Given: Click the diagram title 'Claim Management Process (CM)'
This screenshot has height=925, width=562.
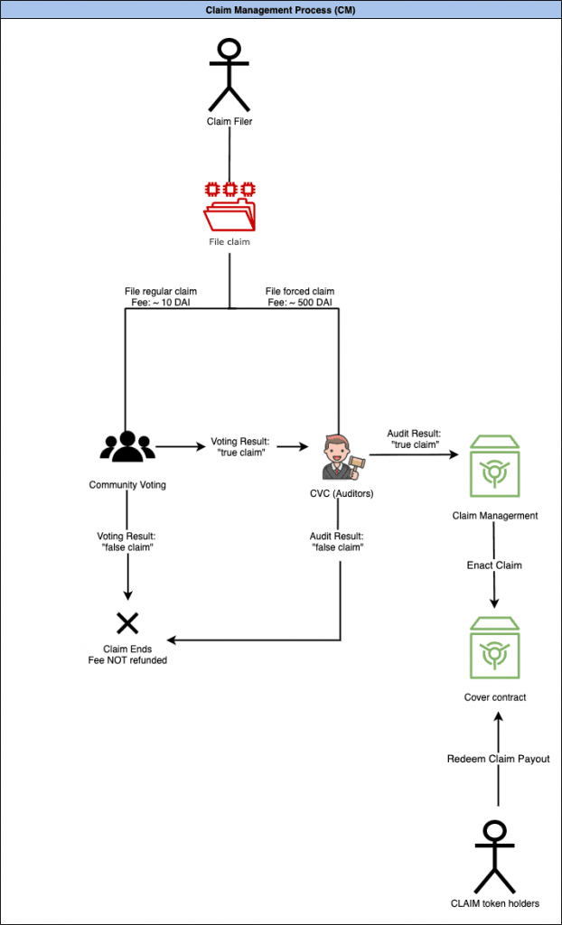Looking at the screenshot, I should tap(280, 8).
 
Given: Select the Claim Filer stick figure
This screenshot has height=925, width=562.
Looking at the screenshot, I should tap(229, 73).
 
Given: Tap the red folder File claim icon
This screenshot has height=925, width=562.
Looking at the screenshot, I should tap(229, 206).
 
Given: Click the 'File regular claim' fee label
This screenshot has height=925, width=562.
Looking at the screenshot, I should tap(160, 297).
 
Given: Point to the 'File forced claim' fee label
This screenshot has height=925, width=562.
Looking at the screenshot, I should tap(299, 297).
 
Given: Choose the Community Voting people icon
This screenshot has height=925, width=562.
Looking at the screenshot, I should tap(126, 446).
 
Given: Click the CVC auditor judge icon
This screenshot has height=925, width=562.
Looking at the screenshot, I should tap(337, 456).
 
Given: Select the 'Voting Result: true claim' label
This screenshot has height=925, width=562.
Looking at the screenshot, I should tap(239, 447).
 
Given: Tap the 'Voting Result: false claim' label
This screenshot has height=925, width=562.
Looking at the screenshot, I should tap(126, 541).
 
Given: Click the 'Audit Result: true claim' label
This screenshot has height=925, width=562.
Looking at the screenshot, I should tap(414, 438).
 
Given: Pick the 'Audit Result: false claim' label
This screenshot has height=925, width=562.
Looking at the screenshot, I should tap(337, 541).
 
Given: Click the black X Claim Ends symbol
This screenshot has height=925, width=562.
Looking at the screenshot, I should tap(126, 622).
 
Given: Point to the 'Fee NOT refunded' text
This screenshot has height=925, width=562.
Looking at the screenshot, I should tap(126, 659).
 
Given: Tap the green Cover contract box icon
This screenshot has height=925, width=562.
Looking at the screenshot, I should tap(494, 648).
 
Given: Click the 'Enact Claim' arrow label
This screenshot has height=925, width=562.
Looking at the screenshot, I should tap(494, 565).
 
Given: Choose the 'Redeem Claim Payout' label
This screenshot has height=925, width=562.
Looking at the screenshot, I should tap(498, 759).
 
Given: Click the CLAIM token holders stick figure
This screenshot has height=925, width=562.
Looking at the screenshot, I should tap(495, 855).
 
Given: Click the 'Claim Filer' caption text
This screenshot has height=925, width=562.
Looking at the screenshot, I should tap(229, 121).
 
